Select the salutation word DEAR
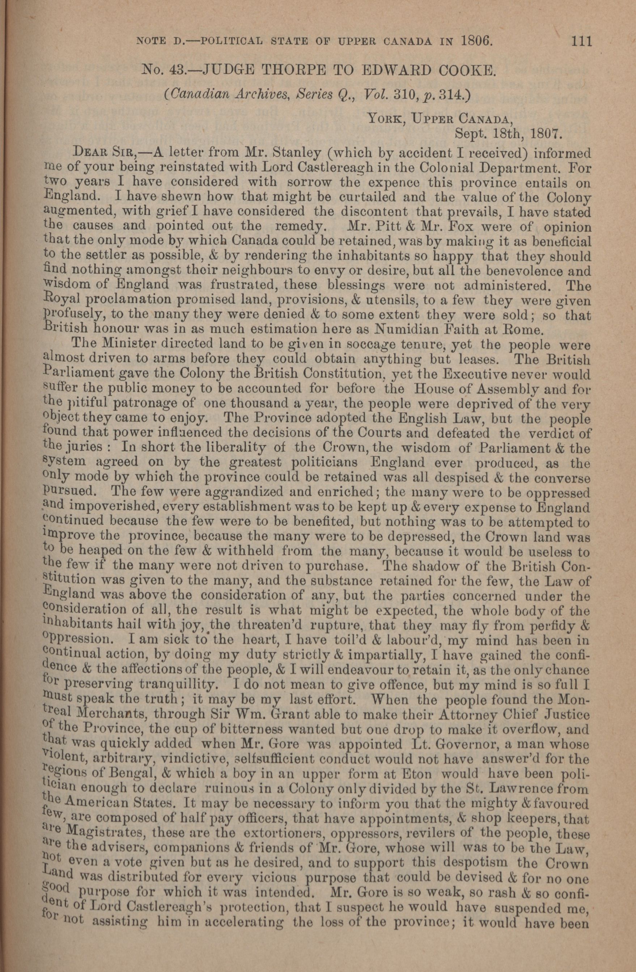click(88, 154)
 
